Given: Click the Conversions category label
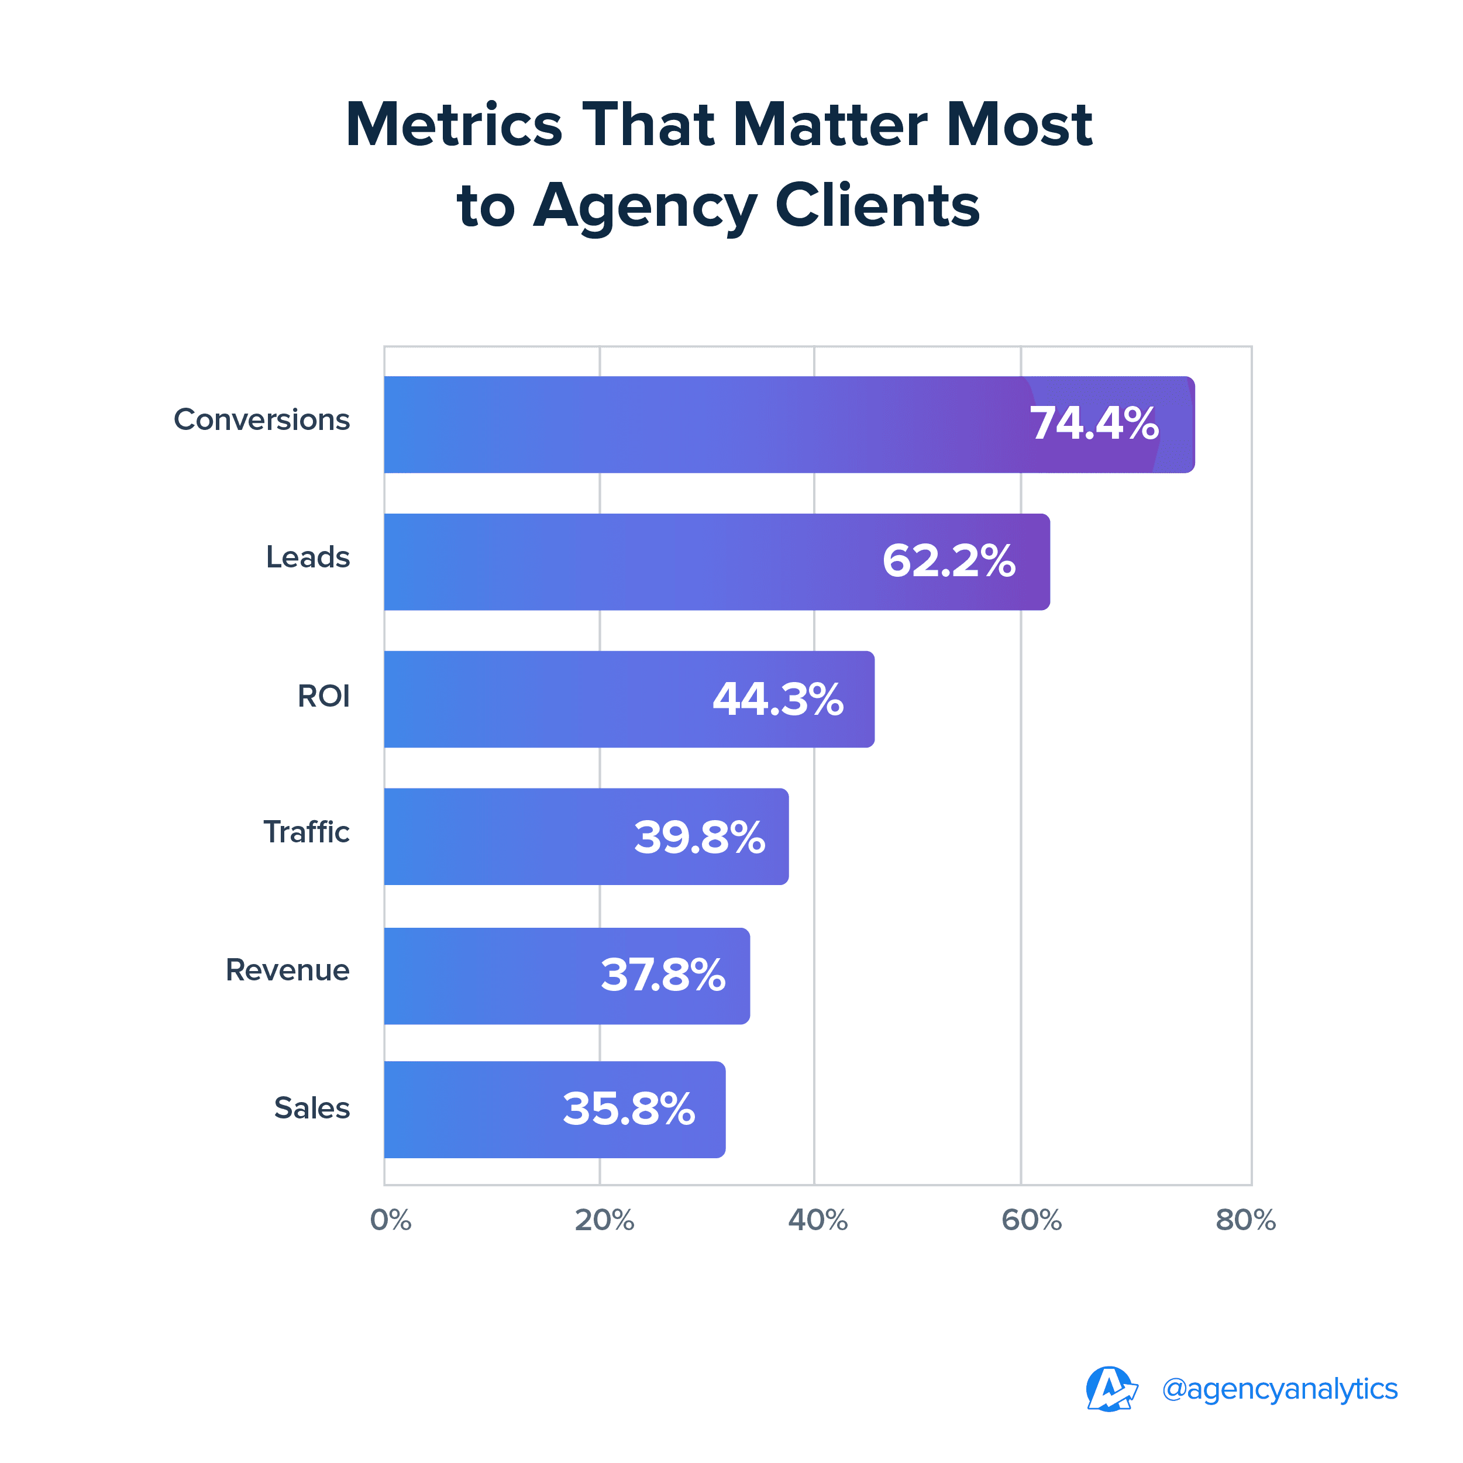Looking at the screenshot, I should pos(261,419).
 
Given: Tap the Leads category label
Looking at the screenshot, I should pos(308,557).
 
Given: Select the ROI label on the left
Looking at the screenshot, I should pos(323,696).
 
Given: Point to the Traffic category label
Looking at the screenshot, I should pos(306,832).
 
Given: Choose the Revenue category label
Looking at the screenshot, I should pos(287,970).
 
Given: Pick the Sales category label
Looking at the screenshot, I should pos(311,1108).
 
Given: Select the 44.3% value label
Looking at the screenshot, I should pos(777,699).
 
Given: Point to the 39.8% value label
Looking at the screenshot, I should pos(699,838).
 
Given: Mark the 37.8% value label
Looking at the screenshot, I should pos(663,975).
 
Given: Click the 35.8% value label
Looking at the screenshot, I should pos(628,1109).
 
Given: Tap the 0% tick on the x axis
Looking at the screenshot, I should pos(391,1221).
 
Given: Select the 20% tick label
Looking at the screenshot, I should pos(604,1221).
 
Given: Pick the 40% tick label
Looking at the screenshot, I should pos(818,1221).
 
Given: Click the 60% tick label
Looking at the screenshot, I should pos(1031,1221).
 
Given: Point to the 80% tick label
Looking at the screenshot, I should pos(1245,1221).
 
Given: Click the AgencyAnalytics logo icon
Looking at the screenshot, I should pos(1111,1389).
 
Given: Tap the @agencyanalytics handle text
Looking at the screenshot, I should pos(1280,1389).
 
